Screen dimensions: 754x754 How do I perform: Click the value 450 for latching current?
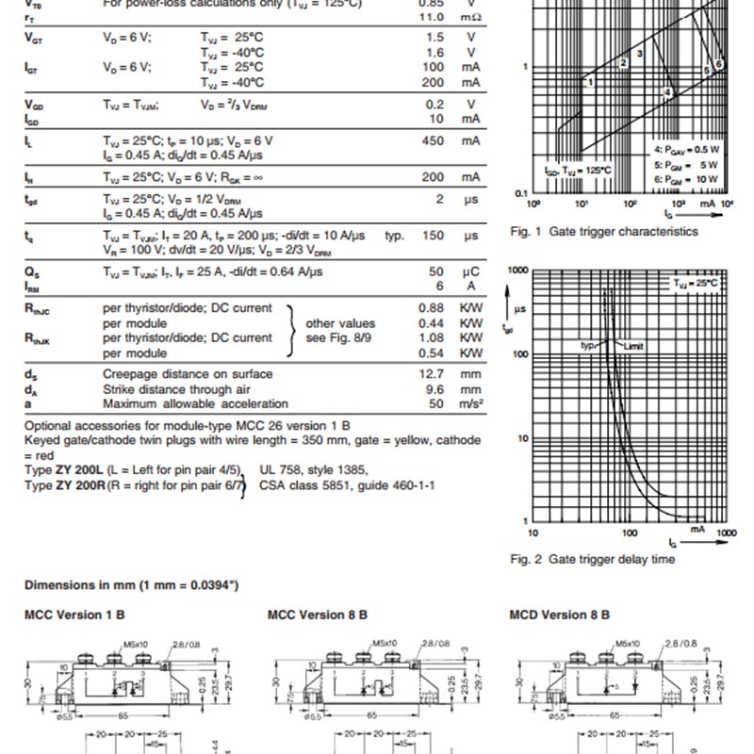point(432,140)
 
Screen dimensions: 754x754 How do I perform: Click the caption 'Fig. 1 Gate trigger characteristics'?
point(604,231)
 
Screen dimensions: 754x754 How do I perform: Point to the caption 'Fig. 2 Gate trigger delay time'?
point(593,559)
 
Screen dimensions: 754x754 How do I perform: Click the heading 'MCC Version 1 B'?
point(74,615)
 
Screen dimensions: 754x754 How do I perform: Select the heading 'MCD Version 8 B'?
point(560,615)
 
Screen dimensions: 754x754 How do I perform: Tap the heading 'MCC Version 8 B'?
point(318,615)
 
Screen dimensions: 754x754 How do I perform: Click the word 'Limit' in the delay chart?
point(632,347)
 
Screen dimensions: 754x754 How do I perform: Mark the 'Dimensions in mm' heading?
point(131,584)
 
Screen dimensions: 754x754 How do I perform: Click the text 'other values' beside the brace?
point(341,323)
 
